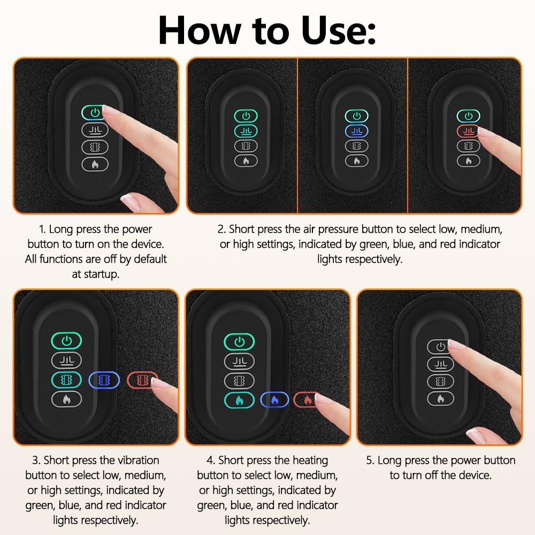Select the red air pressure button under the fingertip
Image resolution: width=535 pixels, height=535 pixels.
(x=465, y=131)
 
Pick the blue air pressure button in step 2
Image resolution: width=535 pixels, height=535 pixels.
(x=355, y=131)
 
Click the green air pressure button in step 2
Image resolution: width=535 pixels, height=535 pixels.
(x=246, y=131)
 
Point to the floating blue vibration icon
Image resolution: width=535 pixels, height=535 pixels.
(x=104, y=380)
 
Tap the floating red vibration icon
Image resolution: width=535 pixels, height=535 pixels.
(x=142, y=380)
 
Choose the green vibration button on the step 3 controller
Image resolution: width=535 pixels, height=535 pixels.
(x=66, y=379)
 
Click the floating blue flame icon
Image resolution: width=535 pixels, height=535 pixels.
(x=274, y=399)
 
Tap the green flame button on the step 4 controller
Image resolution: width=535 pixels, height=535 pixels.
(x=238, y=399)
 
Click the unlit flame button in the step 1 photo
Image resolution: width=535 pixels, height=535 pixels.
(x=95, y=164)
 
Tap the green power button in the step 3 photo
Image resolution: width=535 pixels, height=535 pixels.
(x=66, y=340)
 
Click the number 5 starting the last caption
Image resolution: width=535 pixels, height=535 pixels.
(x=370, y=461)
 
